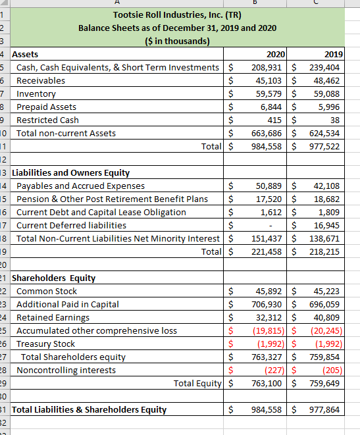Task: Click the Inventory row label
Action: tap(36, 93)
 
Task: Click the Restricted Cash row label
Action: tap(47, 120)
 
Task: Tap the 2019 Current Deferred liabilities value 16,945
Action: tap(326, 226)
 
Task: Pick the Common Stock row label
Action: tap(47, 291)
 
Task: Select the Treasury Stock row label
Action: tap(45, 344)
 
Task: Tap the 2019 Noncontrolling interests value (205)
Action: tap(330, 370)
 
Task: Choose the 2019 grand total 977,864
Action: tap(326, 409)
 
